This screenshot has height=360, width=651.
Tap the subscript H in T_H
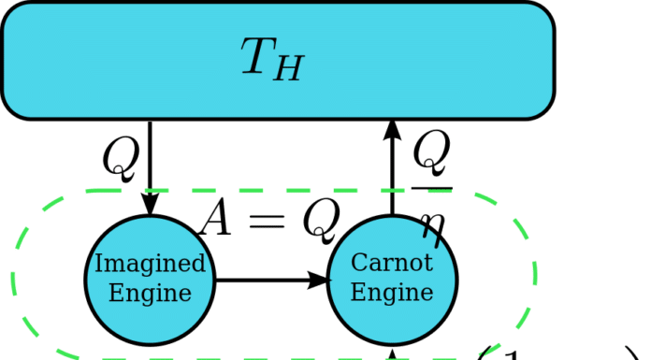pyautogui.click(x=289, y=69)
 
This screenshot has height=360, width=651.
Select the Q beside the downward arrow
pyautogui.click(x=121, y=159)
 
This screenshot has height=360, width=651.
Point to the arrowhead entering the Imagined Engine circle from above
pyautogui.click(x=150, y=203)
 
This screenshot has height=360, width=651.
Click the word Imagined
pyautogui.click(x=150, y=264)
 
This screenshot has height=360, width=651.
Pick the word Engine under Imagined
pyautogui.click(x=150, y=292)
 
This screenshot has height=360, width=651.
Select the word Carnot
pyautogui.click(x=392, y=264)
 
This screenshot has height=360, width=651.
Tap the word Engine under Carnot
pyautogui.click(x=392, y=292)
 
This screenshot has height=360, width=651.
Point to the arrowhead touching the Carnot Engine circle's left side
pyautogui.click(x=318, y=280)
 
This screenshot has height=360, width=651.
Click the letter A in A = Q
pyautogui.click(x=219, y=220)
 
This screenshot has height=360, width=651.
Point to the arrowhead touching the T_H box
pyautogui.click(x=392, y=132)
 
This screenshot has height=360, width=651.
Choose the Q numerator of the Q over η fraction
pyautogui.click(x=431, y=155)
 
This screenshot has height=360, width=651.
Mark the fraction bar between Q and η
pyautogui.click(x=431, y=188)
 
